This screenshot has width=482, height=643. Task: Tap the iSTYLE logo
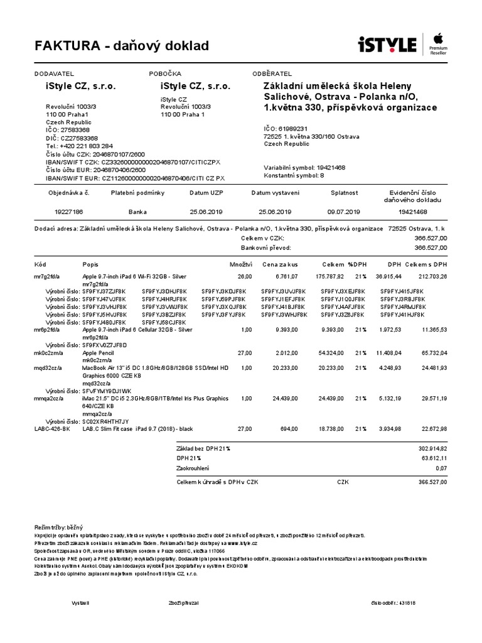(387, 45)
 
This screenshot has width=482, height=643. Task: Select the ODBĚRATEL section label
(272, 74)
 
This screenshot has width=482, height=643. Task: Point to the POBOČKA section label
(165, 74)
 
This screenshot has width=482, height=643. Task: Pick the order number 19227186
(70, 212)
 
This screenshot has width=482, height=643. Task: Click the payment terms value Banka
(137, 212)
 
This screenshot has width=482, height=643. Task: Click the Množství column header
(241, 265)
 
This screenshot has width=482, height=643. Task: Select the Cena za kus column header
(281, 265)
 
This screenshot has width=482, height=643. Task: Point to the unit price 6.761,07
(286, 276)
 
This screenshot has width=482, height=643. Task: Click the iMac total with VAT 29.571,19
(434, 398)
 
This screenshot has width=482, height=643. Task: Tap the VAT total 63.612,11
(433, 458)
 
